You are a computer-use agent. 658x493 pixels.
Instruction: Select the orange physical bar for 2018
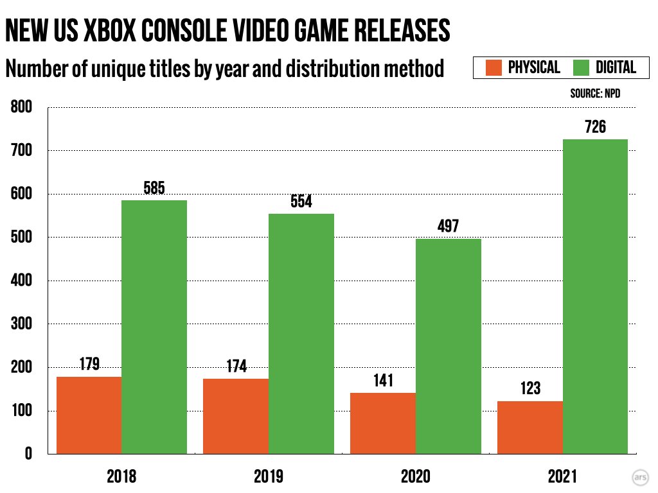[x=89, y=415]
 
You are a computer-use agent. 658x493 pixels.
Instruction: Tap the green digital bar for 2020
[x=449, y=346]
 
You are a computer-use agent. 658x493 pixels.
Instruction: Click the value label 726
[x=595, y=126]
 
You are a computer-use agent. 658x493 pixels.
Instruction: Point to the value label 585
[x=154, y=188]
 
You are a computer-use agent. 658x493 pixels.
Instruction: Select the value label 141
[x=383, y=380]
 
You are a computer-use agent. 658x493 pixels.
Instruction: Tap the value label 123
[x=530, y=388]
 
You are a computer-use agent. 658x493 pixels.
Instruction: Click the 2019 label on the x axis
[x=269, y=476]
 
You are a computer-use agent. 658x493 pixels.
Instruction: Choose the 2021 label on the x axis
[x=563, y=476]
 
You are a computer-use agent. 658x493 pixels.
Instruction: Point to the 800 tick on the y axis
[x=22, y=107]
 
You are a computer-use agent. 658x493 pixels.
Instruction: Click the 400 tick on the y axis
[x=22, y=281]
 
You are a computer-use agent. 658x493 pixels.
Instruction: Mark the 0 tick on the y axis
[x=28, y=454]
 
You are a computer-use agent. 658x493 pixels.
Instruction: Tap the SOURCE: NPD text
[x=595, y=94]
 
